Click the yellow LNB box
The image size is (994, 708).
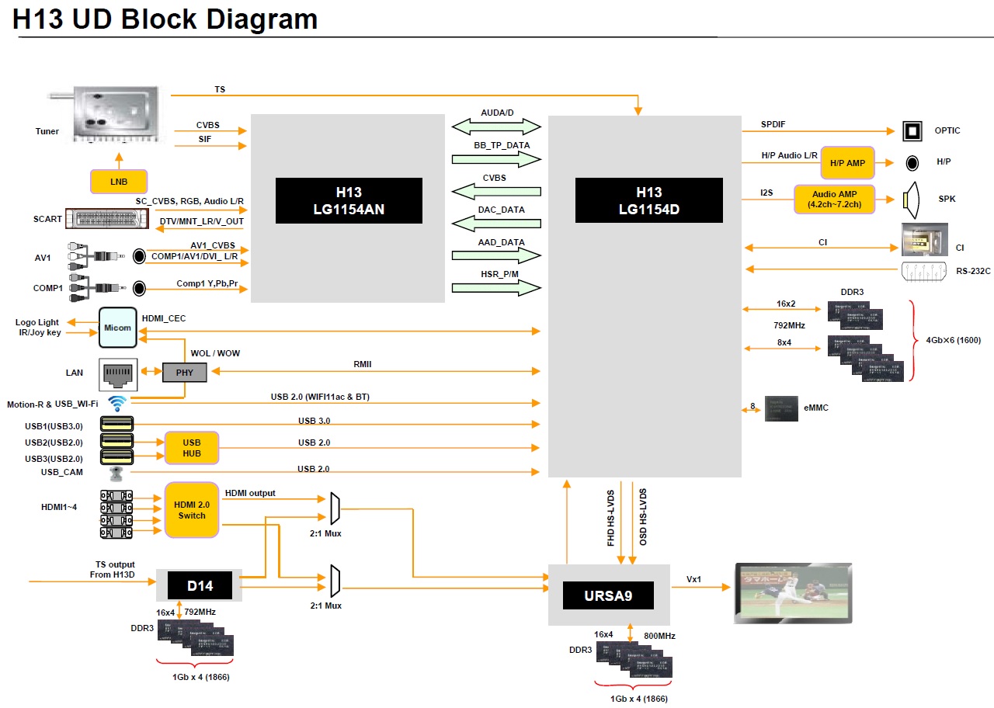119,182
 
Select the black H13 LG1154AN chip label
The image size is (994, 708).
349,201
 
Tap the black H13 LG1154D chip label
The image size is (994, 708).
648,200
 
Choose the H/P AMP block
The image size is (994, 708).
847,163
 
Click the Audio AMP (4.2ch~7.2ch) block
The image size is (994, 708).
834,199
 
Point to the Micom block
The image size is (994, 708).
118,327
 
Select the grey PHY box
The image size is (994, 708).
185,373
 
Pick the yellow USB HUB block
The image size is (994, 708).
192,448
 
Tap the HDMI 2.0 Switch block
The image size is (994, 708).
192,509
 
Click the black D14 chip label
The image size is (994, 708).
200,584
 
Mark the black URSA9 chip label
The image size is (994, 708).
608,595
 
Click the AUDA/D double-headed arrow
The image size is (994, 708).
497,126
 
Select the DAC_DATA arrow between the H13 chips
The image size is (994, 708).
497,223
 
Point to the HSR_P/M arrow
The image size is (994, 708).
497,287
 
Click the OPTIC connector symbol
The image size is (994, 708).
912,130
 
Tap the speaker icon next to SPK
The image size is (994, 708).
911,199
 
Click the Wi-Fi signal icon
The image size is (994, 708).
117,404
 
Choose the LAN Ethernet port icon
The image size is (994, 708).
118,373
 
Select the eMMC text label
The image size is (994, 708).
815,408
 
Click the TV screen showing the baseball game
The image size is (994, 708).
793,593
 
